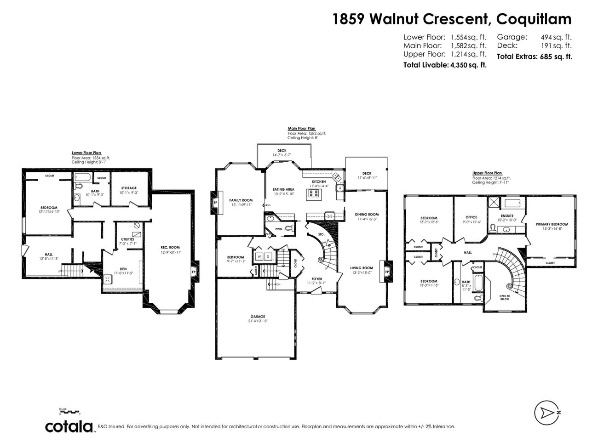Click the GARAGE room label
[x=258, y=317]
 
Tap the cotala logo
[x=69, y=426]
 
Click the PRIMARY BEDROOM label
[x=552, y=224]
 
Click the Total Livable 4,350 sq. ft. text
[x=445, y=65]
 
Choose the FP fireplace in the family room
[x=215, y=202]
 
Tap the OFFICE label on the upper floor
[x=471, y=217]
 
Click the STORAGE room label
[x=129, y=188]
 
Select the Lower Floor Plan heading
[x=86, y=153]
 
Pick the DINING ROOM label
[x=367, y=214]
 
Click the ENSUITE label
[x=507, y=215]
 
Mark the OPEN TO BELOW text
[x=505, y=297]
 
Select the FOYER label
[x=316, y=278]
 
